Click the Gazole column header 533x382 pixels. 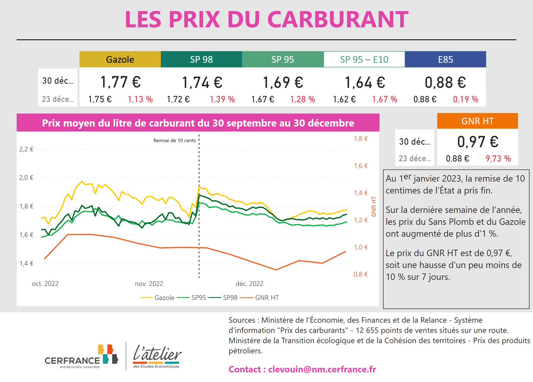[120, 59]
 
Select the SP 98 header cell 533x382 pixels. [201, 59]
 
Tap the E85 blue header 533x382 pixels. [445, 59]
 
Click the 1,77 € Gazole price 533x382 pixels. [120, 82]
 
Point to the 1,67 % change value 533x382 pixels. [385, 99]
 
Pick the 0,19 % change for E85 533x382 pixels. [466, 99]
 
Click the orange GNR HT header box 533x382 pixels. [477, 121]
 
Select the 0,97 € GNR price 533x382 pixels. [477, 142]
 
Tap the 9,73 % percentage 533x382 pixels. [498, 159]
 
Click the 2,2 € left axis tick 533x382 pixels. [26, 149]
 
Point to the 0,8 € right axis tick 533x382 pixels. [361, 274]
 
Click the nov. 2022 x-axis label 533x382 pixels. [149, 284]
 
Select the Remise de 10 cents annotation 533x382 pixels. [174, 141]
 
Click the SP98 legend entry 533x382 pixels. [225, 298]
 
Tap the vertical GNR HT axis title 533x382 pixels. [374, 206]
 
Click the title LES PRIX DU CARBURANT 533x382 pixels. [266, 19]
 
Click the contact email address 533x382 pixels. [322, 369]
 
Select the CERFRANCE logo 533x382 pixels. [81, 357]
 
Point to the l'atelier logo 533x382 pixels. [157, 357]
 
